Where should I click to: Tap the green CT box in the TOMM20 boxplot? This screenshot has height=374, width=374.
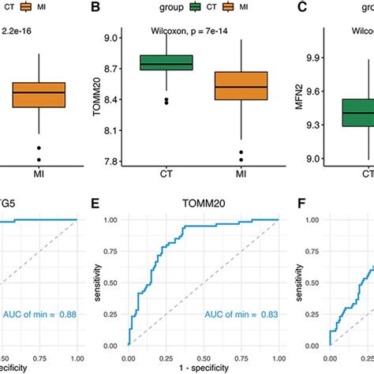click(166, 63)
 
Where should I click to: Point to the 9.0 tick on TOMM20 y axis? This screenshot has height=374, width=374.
click(118, 38)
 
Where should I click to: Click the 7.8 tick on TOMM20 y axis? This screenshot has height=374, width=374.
click(118, 162)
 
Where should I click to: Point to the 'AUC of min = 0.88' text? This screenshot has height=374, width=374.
click(36, 315)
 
